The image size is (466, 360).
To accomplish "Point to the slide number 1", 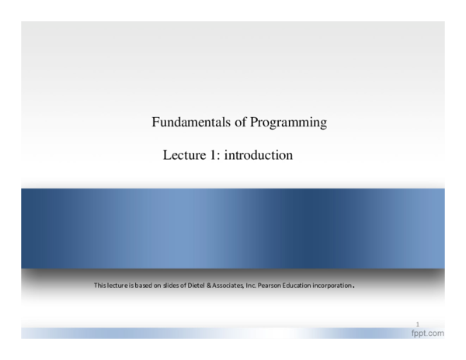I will (418, 324).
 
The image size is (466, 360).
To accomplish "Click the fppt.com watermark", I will (427, 333).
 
